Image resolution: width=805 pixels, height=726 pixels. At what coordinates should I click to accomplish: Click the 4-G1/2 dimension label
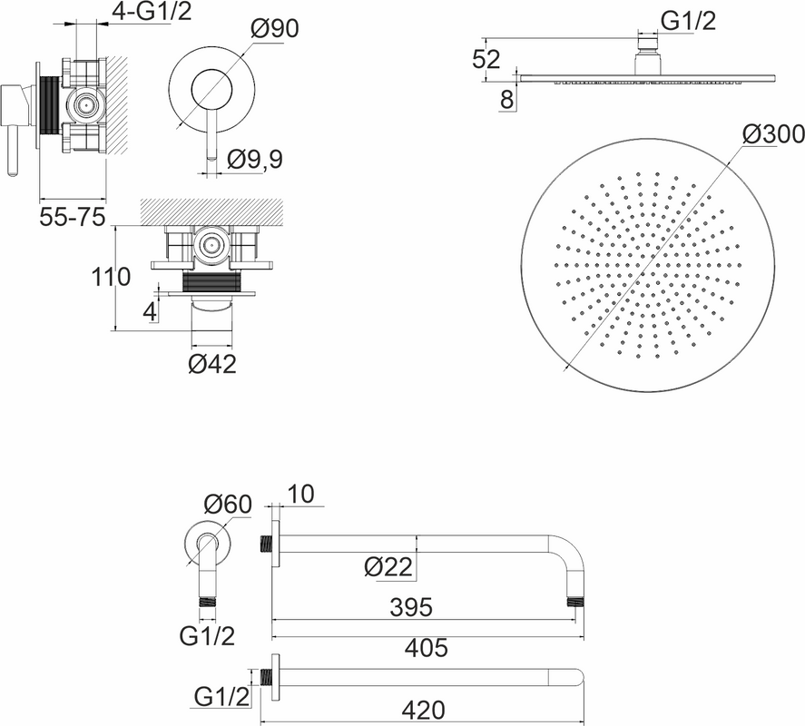(152, 11)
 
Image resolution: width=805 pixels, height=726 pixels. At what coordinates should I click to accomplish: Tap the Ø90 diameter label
(275, 29)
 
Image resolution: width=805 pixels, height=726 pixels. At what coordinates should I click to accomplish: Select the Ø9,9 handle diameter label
(255, 160)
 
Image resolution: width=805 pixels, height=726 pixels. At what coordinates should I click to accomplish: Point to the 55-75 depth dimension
(73, 217)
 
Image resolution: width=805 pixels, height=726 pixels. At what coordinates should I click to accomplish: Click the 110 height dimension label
(111, 278)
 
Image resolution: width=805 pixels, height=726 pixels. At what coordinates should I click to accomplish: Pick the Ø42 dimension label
(212, 364)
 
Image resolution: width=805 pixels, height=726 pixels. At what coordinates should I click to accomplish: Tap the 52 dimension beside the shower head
(486, 60)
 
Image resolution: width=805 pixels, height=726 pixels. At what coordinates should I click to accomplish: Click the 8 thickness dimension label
(506, 100)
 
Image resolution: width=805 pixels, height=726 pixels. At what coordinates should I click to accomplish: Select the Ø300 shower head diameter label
(773, 134)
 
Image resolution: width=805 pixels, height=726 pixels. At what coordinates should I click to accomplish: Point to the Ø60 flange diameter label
(228, 505)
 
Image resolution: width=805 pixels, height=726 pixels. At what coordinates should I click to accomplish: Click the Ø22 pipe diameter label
(388, 567)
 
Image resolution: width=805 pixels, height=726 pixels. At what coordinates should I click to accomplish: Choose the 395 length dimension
(411, 607)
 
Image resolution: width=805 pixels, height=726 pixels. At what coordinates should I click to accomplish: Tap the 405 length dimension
(427, 648)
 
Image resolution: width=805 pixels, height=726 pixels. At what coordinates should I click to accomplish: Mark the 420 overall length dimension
(424, 711)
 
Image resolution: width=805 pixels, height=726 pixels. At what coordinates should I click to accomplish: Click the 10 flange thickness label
(300, 495)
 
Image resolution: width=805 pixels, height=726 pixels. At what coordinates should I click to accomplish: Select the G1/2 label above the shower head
(688, 22)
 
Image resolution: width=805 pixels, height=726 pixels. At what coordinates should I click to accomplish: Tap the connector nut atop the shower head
(648, 44)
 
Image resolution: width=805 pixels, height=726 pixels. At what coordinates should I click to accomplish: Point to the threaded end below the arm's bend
(575, 602)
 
